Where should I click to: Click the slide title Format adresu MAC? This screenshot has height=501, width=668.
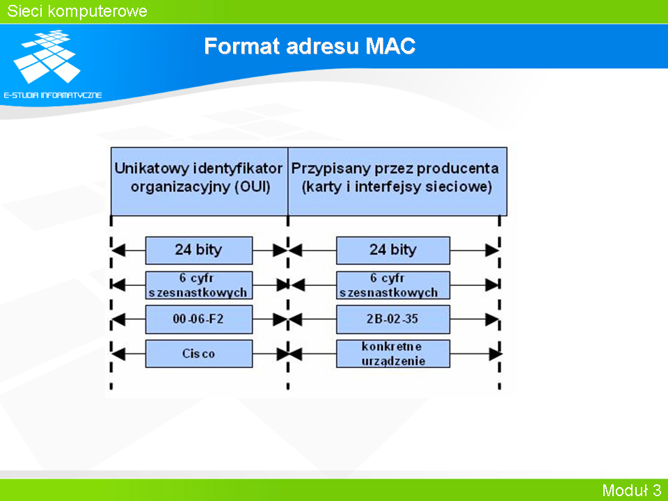pyautogui.click(x=310, y=46)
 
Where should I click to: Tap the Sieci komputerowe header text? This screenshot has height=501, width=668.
pyautogui.click(x=77, y=11)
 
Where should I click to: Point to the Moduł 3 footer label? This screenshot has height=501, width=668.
pyautogui.click(x=631, y=490)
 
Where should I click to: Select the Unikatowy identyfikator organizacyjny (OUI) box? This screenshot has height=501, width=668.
pyautogui.click(x=200, y=182)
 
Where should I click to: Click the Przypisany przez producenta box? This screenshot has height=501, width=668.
pyautogui.click(x=397, y=182)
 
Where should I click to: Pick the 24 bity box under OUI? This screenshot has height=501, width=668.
pyautogui.click(x=199, y=250)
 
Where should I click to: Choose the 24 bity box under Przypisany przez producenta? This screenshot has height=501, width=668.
pyautogui.click(x=392, y=250)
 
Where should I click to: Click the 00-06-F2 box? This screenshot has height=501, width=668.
pyautogui.click(x=199, y=319)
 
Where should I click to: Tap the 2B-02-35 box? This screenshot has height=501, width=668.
pyautogui.click(x=392, y=319)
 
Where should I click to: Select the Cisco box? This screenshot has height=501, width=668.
pyautogui.click(x=199, y=353)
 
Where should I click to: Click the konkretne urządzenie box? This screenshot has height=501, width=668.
pyautogui.click(x=392, y=353)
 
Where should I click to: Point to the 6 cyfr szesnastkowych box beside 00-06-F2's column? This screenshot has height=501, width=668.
pyautogui.click(x=199, y=285)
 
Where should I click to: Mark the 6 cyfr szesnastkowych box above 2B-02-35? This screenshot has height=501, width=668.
pyautogui.click(x=392, y=285)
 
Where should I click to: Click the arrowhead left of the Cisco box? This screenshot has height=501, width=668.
pyautogui.click(x=118, y=353)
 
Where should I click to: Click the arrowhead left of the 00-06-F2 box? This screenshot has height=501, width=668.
pyautogui.click(x=118, y=319)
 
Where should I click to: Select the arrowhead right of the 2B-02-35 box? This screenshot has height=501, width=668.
pyautogui.click(x=493, y=319)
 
